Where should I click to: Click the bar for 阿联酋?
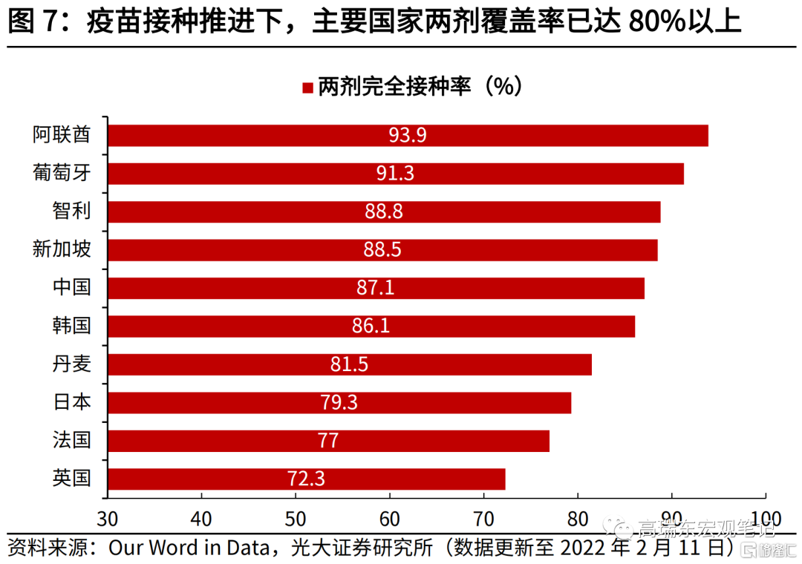[x=408, y=136]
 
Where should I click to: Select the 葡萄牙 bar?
[x=396, y=174]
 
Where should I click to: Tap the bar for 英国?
[x=306, y=479]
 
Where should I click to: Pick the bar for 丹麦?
[x=350, y=364]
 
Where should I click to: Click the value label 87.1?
[x=375, y=288]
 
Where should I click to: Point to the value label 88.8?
[x=383, y=211]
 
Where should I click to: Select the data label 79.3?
[x=339, y=402]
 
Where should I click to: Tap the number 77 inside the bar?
[x=328, y=441]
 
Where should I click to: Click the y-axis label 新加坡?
[x=62, y=249]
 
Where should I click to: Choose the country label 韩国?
[x=72, y=326]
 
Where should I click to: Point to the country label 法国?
[x=72, y=440]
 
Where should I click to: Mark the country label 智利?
[x=72, y=211]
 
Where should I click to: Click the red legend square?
[x=307, y=88]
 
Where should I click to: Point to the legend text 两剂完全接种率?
[x=395, y=88]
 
